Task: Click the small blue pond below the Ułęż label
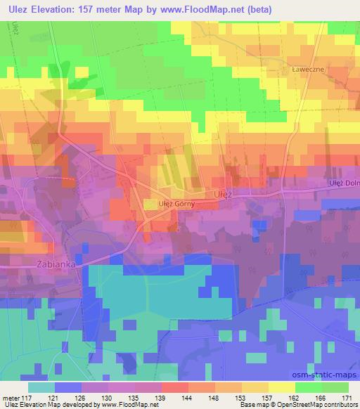pos(259,224)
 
